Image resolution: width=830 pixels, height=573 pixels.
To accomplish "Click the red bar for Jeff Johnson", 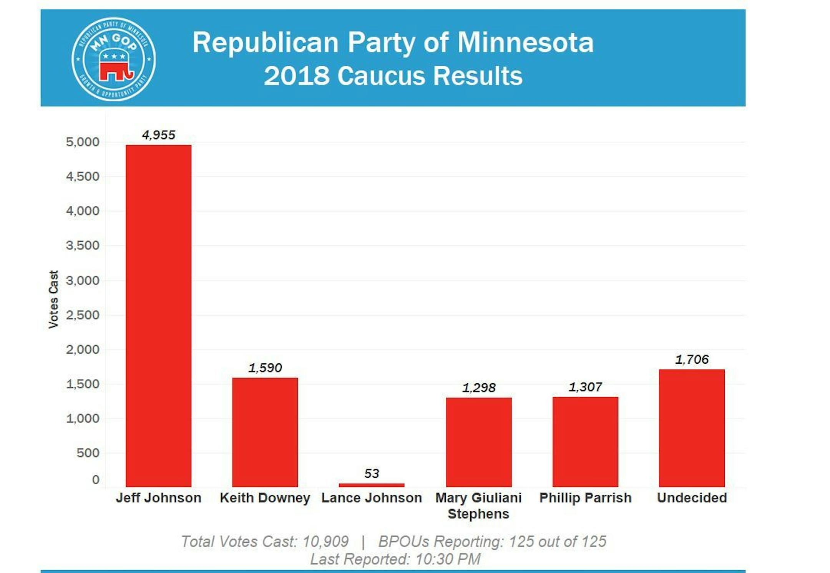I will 158,315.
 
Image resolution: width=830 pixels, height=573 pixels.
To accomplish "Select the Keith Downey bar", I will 265,432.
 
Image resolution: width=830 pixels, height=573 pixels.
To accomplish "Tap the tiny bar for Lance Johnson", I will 371,485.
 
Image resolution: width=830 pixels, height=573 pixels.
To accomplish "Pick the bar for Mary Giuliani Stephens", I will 478,442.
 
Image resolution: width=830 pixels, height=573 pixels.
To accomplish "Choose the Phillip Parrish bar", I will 585,442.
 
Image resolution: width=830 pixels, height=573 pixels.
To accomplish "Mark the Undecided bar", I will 692,428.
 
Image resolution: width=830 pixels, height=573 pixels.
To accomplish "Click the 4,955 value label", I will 158,135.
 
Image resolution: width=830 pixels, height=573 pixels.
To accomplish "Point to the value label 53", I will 371,473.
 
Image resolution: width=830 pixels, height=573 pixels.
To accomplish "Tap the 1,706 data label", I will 692,359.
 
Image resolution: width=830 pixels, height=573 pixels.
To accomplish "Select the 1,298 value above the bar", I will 478,388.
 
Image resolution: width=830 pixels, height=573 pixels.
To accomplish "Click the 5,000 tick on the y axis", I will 82,142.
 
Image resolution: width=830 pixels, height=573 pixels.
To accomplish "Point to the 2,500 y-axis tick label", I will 82,315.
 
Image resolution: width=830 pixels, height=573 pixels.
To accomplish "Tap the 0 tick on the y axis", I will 95,480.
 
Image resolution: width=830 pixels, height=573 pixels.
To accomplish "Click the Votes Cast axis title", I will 53,299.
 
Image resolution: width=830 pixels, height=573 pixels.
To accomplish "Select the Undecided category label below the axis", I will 692,498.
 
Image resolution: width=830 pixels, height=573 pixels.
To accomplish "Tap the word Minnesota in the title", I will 525,42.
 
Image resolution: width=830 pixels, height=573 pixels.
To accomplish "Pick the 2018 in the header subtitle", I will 296,76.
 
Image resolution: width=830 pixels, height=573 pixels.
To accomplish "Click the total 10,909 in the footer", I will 325,542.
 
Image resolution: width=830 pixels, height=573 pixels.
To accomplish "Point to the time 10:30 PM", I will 448,559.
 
